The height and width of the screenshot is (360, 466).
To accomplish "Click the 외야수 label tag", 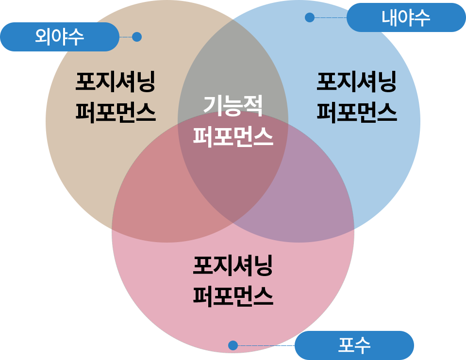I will pos(59,37).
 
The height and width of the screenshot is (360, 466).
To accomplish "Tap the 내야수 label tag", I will pos(406,18).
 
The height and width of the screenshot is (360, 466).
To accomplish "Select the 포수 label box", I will pos(354,345).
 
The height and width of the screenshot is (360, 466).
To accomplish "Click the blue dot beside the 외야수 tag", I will pos(136,37).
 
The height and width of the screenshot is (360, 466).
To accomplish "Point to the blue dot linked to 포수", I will pos(233,345).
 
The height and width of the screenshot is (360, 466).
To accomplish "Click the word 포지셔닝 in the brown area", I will pos(115,82).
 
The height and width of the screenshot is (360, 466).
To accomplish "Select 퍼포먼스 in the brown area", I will pos(115,112).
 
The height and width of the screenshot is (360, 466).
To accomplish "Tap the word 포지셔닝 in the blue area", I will pos(356,82).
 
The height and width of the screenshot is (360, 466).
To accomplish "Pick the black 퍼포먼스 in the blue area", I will pos(356,112).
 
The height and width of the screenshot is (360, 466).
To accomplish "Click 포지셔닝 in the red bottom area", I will pos(233,266).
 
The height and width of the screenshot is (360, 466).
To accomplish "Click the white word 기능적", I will pos(233,105).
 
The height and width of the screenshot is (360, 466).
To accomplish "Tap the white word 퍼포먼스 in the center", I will pos(233,136).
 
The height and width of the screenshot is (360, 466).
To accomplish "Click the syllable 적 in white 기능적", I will pos(253,105).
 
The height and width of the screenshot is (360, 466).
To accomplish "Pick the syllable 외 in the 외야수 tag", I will pos(43,37).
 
